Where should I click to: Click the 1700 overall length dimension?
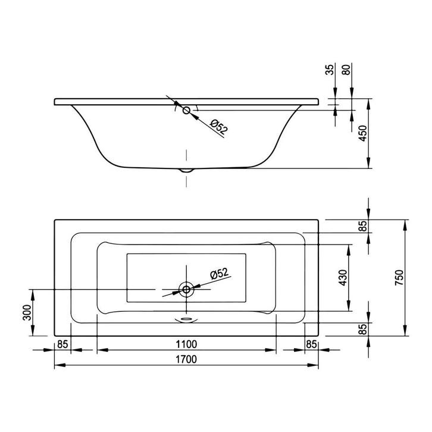coord(186,359)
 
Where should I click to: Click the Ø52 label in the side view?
coord(219,126)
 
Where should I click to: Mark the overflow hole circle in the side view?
coord(186,109)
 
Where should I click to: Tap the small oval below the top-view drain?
coord(186,320)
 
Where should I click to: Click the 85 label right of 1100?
coord(311,343)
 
